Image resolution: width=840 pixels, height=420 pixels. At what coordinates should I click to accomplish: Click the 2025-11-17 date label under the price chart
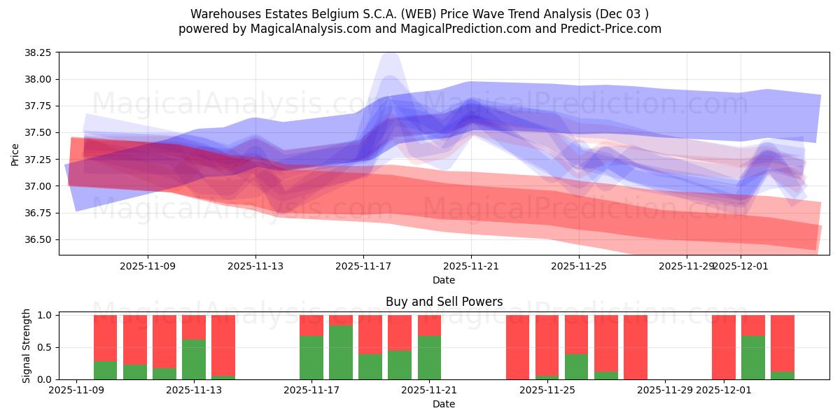pos(363,266)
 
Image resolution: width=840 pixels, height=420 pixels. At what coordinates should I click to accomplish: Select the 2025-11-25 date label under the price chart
pos(579,266)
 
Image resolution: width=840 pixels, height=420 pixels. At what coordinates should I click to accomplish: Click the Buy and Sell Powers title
pos(444,302)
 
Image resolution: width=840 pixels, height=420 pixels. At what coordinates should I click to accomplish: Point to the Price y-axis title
pos(15,155)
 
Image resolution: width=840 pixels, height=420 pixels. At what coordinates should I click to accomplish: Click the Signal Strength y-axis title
pos(27,346)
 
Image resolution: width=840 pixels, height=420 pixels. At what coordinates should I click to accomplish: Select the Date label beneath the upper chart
pos(444,280)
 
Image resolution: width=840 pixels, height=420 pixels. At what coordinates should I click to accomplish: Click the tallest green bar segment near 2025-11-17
pos(341,352)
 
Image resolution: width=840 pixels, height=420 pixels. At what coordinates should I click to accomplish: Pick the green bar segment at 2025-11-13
pos(194,359)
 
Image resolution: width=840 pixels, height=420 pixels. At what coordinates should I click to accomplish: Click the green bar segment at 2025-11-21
pos(429,358)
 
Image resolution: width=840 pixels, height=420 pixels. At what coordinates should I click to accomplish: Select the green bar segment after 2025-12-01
pos(753,358)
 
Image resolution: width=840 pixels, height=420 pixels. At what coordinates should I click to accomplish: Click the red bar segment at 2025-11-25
pos(577,335)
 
